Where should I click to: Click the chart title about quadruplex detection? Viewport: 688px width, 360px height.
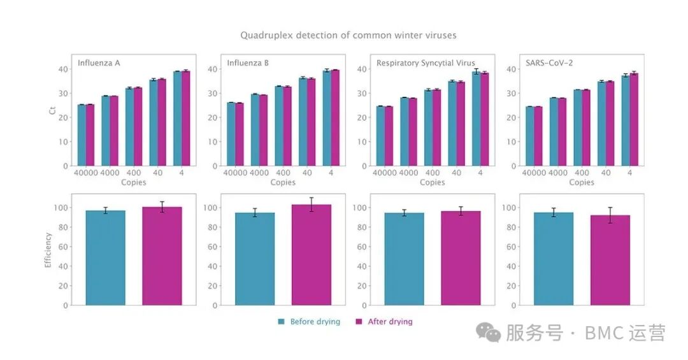pos(348,35)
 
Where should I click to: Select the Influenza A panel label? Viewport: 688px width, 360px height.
pos(99,63)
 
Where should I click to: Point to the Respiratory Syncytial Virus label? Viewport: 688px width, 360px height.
pos(426,63)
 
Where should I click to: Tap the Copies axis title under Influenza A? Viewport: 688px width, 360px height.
pos(134,182)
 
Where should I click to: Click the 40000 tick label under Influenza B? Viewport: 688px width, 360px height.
pos(234,173)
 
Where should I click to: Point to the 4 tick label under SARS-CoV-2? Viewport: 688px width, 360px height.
pos(629,173)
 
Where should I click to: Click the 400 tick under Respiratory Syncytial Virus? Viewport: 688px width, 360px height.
pos(432,173)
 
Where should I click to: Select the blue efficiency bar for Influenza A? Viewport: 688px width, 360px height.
pos(105,258)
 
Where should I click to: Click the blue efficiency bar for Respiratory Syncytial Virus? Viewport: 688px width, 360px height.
pos(404,259)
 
